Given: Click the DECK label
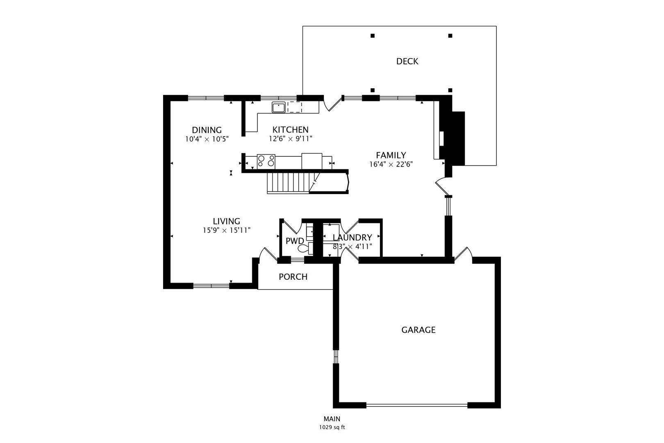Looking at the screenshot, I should point(407,62).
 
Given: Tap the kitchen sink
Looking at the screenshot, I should point(279,107).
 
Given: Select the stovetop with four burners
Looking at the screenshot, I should point(266,161).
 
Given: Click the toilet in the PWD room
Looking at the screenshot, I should point(303,248).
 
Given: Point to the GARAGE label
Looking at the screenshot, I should point(418,330).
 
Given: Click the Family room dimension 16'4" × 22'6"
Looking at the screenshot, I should point(391,164).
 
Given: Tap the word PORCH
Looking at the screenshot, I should point(293,277).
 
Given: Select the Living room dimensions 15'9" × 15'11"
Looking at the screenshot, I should point(226,231).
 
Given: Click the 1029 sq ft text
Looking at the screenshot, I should point(332,427).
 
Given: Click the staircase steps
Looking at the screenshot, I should point(287,183).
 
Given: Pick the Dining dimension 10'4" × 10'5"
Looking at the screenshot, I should point(207,139).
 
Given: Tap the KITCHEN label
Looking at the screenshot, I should point(290,130).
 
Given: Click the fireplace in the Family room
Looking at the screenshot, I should point(452,138).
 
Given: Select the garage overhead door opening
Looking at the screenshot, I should point(416,405).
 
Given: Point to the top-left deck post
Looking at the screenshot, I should point(373,36).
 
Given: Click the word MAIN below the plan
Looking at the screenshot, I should point(332,419).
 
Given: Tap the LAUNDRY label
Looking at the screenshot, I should point(352,237).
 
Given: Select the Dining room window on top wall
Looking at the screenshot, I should point(206,98).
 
